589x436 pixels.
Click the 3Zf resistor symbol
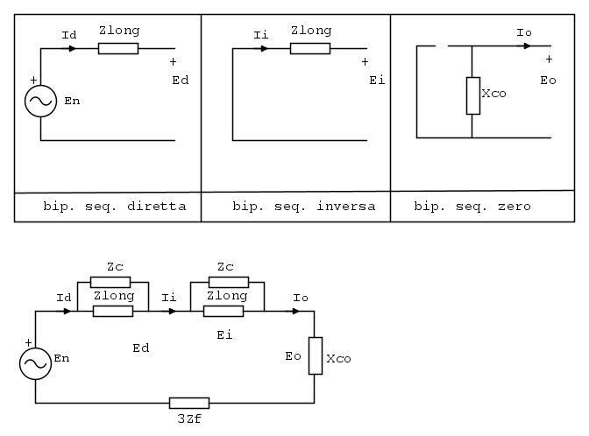pos(188,403)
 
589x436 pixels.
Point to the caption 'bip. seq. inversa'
pos(303,207)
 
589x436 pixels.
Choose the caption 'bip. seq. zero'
pos(472,207)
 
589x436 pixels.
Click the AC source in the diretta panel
pos(40,102)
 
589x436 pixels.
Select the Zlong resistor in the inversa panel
pos(309,48)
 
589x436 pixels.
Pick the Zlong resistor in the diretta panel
pos(118,48)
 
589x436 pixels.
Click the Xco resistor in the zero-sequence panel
pos(472,95)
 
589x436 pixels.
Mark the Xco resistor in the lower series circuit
pos(315,356)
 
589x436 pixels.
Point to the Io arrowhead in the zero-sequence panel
pos(527,46)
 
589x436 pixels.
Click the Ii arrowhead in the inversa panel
pos(264,48)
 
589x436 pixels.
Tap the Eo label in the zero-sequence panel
pos(549,80)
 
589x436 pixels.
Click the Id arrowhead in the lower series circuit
pos(69,311)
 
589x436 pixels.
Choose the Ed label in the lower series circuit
pos(140,348)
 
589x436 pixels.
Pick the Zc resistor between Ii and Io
pos(228,282)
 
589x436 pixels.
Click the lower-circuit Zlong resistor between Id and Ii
pos(112,311)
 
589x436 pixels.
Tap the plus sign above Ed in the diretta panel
pos(173,62)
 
